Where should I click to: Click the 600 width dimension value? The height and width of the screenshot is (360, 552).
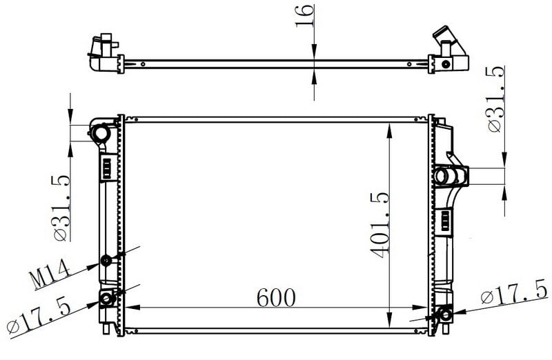[x=276, y=298]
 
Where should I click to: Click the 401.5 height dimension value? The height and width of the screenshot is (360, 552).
[x=379, y=226]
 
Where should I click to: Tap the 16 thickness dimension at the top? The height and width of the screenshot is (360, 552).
[x=304, y=16]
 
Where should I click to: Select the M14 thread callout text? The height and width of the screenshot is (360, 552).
[x=50, y=274]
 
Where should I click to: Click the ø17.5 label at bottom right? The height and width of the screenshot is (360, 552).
[x=514, y=292]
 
